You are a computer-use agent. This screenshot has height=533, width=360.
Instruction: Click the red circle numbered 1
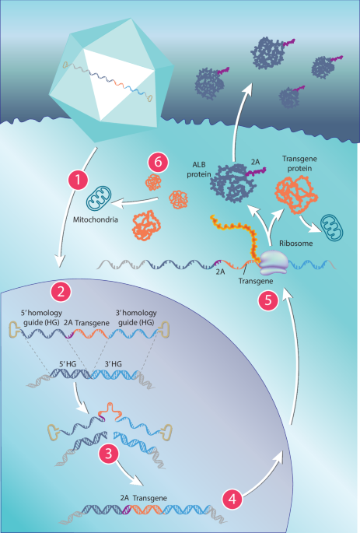[x=79, y=180]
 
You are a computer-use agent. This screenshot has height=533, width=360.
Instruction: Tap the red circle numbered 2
[x=61, y=292]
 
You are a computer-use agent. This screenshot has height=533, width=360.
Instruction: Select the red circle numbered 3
[x=109, y=453]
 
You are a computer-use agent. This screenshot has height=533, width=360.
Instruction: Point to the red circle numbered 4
[x=232, y=499]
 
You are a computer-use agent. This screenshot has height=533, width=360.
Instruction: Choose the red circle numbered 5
[x=268, y=300]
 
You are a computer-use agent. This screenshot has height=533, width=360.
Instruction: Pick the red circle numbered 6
[x=159, y=162]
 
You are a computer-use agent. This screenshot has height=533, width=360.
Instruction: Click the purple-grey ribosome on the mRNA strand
[x=274, y=263]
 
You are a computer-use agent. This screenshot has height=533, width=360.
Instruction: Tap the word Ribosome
[x=295, y=244]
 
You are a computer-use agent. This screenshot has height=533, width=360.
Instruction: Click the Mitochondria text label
[x=96, y=219]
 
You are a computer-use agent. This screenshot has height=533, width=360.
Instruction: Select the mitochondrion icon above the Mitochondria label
[x=99, y=198]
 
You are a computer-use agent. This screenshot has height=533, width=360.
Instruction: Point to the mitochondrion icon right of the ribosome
[x=332, y=227]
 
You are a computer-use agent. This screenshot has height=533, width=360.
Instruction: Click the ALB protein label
[x=199, y=170]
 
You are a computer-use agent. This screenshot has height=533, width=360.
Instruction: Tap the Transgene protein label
[x=299, y=163]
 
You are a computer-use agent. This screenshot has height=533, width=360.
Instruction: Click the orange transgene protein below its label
[x=296, y=195]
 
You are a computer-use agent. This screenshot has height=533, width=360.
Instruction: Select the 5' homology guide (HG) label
[x=41, y=317]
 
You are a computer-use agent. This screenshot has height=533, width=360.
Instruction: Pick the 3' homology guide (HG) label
[x=136, y=317]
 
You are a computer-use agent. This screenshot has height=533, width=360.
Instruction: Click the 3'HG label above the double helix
[x=113, y=364]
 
